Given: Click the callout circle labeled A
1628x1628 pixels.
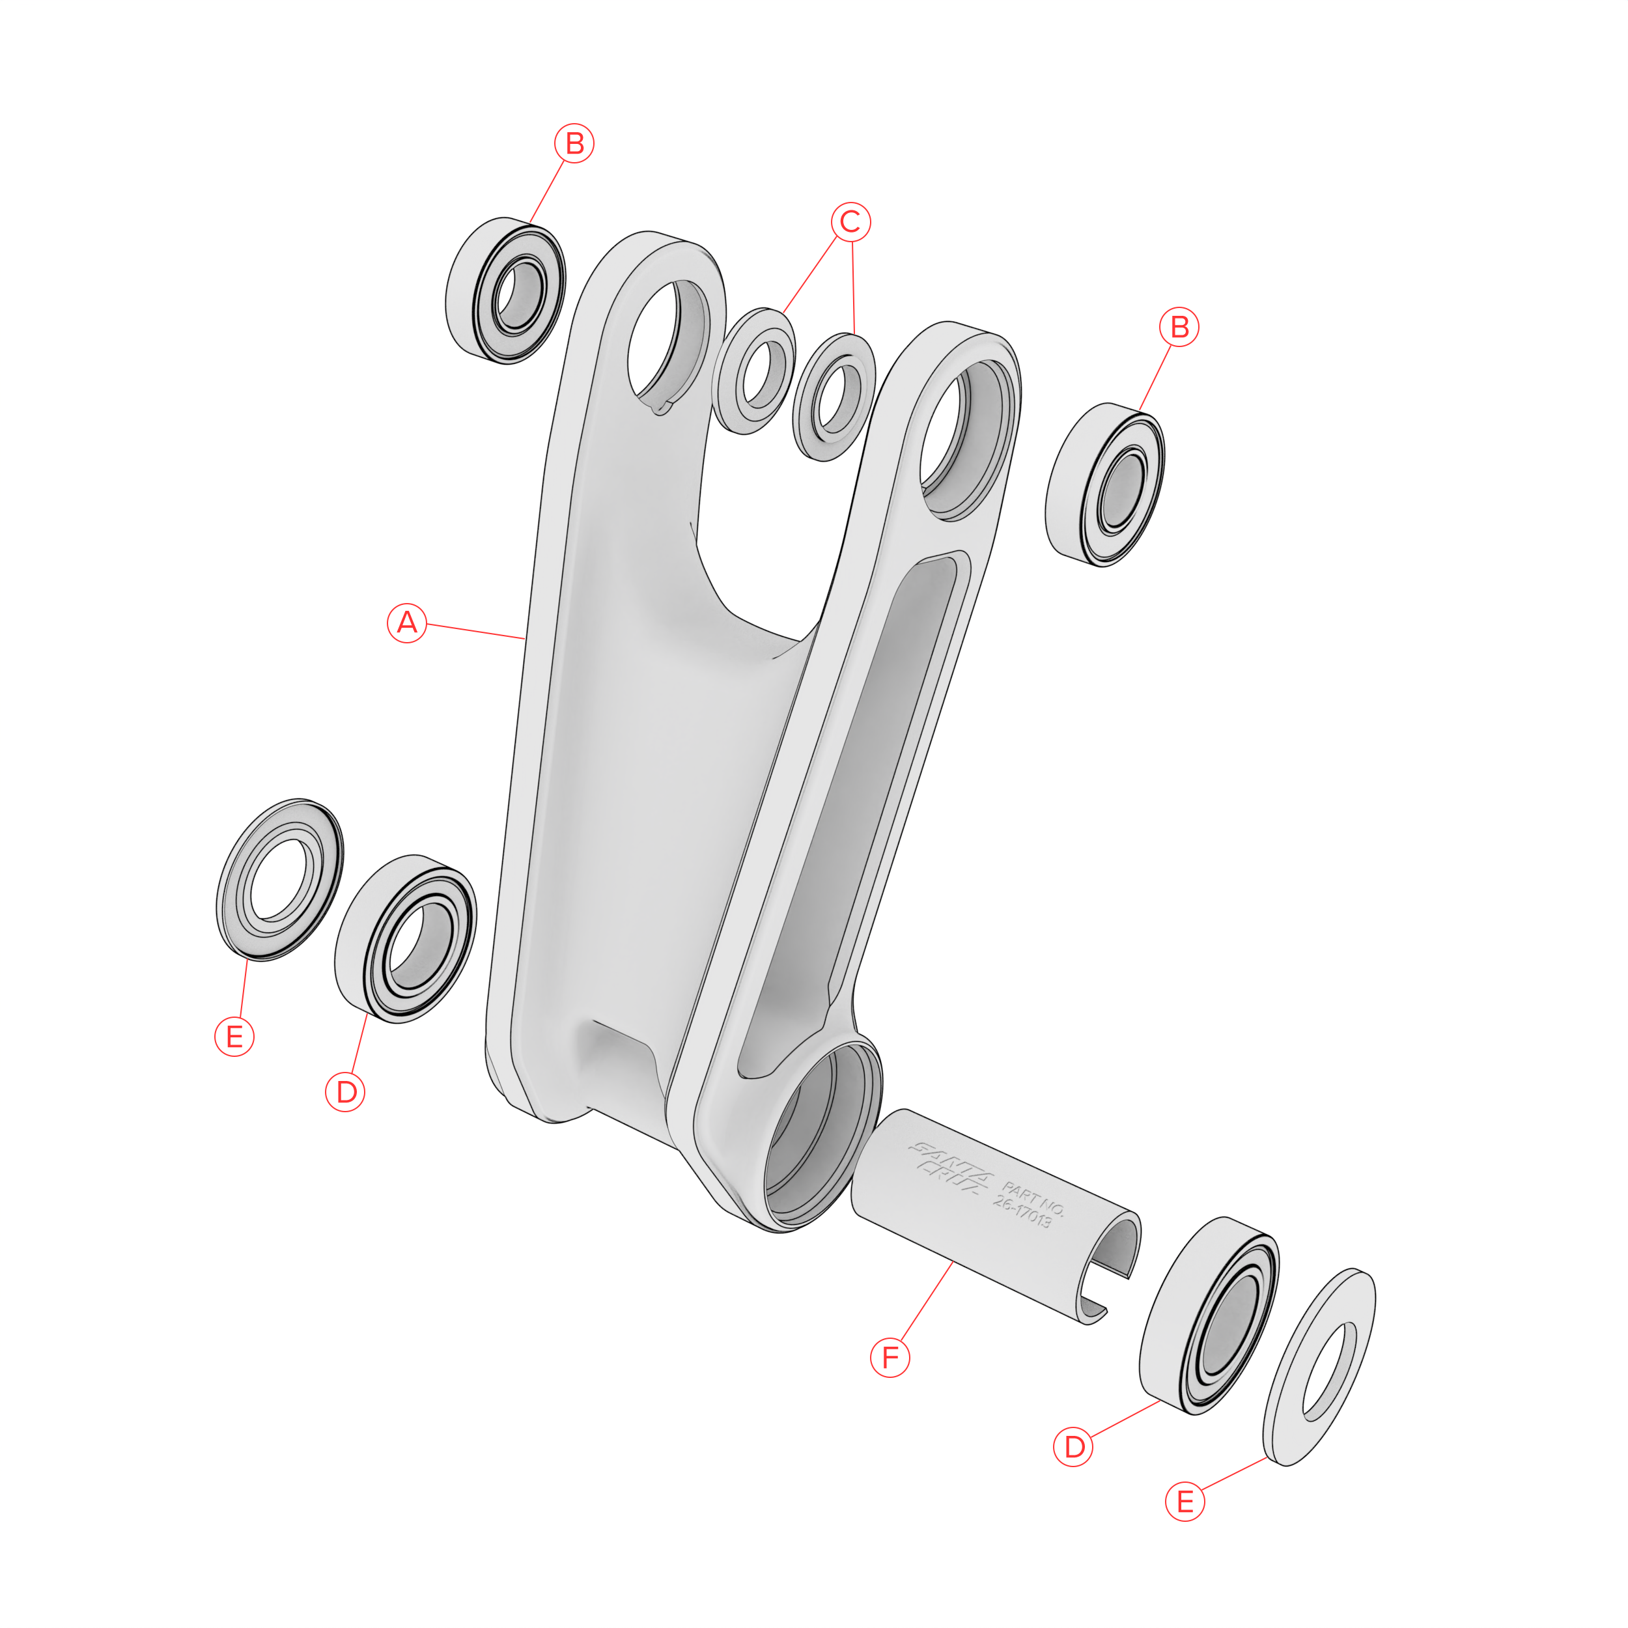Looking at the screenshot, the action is [x=407, y=623].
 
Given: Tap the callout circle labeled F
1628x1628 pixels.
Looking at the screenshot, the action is [x=890, y=1358].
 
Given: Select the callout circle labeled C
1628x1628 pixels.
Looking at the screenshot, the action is [x=850, y=221].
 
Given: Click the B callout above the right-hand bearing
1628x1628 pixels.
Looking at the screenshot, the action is [x=1180, y=327].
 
